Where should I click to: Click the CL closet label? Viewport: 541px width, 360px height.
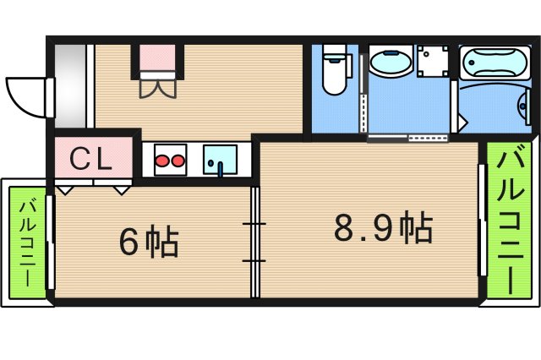pyautogui.click(x=90, y=159)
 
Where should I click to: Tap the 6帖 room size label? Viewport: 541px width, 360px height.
pyautogui.click(x=149, y=241)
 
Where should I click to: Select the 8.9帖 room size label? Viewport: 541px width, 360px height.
pyautogui.click(x=383, y=226)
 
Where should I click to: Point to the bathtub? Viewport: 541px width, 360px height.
pyautogui.click(x=495, y=63)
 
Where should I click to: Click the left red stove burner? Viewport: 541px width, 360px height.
pyautogui.click(x=161, y=161)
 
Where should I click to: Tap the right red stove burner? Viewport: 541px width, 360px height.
pyautogui.click(x=178, y=161)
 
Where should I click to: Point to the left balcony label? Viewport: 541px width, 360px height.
pyautogui.click(x=27, y=243)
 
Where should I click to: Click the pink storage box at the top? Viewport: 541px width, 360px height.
pyautogui.click(x=158, y=57)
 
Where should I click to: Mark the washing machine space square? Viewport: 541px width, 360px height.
pyautogui.click(x=433, y=61)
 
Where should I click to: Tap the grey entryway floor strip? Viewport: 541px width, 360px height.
pyautogui.click(x=70, y=86)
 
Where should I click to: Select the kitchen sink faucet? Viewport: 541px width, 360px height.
pyautogui.click(x=220, y=168)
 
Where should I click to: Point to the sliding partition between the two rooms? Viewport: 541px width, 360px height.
pyautogui.click(x=254, y=242)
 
